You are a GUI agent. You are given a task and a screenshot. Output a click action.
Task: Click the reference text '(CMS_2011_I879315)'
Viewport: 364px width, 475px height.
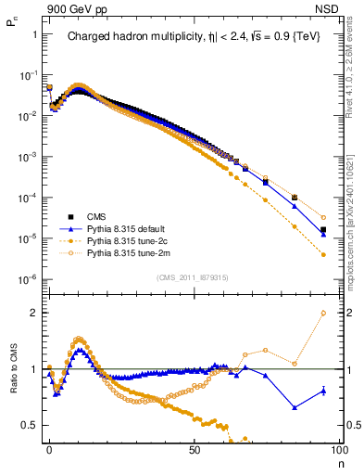point(194,277)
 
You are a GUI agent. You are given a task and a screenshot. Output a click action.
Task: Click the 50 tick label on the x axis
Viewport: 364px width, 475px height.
point(195,449)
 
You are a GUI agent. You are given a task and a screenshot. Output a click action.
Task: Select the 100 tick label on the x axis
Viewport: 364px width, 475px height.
point(338,449)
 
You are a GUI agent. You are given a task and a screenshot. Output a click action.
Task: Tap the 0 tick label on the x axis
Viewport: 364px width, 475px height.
point(49,449)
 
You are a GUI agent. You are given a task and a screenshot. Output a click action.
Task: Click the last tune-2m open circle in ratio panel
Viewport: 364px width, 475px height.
point(323,313)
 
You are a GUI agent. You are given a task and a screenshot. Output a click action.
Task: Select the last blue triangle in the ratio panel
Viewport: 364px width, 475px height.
point(323,391)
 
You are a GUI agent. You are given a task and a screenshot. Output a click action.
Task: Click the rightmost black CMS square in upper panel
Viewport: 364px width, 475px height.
point(323,229)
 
